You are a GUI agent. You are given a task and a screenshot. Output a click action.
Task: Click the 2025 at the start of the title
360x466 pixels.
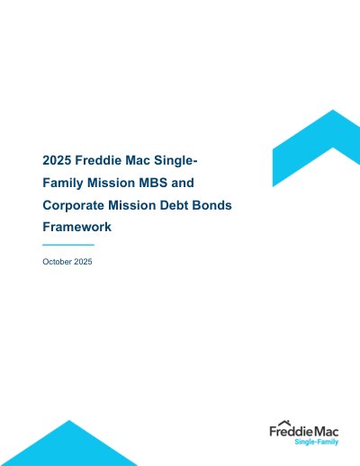tap(57, 160)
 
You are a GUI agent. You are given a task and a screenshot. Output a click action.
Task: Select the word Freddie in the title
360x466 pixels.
tap(98, 160)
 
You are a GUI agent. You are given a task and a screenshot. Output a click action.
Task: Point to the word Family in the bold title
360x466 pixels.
tap(63, 183)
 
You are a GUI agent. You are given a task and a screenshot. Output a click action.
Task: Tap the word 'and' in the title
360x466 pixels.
tap(183, 183)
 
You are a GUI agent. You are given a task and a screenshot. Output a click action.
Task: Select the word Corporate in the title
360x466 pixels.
tap(74, 205)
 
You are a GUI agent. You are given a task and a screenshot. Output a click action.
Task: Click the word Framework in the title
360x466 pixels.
tap(77, 227)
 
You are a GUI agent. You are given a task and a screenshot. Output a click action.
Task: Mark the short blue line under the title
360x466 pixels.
tap(68, 245)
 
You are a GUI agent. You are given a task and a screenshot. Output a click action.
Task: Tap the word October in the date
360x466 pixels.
tap(57, 262)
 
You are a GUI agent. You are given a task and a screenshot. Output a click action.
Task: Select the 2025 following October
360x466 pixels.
tap(83, 262)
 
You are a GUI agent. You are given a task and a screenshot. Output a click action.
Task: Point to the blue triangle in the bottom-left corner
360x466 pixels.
tap(68, 447)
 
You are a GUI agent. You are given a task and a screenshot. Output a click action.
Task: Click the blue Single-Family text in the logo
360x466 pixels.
tap(317, 442)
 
